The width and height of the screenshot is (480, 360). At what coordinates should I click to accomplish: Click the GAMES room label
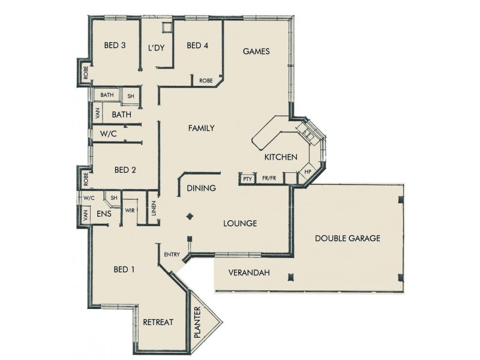(x=256, y=52)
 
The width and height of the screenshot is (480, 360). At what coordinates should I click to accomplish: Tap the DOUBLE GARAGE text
(x=348, y=238)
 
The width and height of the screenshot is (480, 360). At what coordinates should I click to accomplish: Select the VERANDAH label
(x=249, y=273)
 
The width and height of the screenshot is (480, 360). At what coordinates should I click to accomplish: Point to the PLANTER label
(x=199, y=325)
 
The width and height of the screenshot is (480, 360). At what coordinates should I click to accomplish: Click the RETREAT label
(x=158, y=322)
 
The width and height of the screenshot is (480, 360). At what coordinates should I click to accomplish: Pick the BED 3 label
(x=115, y=46)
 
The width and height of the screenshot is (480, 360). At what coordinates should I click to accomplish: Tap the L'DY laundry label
(x=156, y=48)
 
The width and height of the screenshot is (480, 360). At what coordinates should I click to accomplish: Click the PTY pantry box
(x=247, y=179)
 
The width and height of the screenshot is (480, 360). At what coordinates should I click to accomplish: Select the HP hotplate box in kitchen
(x=308, y=172)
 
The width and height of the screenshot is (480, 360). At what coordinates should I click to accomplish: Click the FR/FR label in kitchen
(x=269, y=179)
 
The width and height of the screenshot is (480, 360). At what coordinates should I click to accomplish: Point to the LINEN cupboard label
(x=154, y=209)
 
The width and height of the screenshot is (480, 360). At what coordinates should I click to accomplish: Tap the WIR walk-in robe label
(x=130, y=210)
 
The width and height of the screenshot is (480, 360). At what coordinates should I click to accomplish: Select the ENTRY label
(x=172, y=255)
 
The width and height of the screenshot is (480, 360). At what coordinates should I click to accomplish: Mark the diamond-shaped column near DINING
(x=190, y=216)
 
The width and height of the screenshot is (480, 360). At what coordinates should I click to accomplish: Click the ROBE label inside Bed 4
(x=206, y=80)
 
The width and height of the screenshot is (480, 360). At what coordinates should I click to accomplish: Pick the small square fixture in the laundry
(x=167, y=27)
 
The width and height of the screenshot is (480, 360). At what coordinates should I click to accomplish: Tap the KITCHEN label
(x=281, y=157)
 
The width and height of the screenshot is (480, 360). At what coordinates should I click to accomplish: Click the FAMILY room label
(x=201, y=128)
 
